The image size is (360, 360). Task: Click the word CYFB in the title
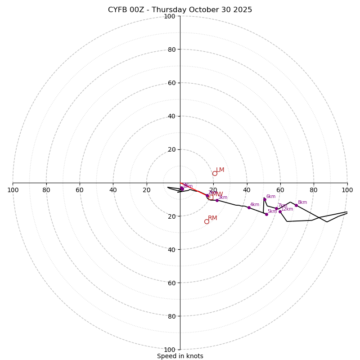[117, 10]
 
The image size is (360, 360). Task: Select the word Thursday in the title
[167, 10]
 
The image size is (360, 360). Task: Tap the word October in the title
[202, 10]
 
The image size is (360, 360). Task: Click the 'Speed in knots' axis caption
[180, 356]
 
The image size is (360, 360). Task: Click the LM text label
[220, 170]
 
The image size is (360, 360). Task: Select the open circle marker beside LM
[215, 173]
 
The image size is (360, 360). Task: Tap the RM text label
[212, 218]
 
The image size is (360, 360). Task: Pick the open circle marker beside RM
[207, 221]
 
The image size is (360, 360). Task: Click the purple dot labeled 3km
[217, 200]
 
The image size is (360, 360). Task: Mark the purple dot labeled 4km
[249, 207]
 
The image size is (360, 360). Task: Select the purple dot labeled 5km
[266, 214]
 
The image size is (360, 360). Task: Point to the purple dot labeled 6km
[265, 199]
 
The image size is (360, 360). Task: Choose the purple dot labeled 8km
[296, 205]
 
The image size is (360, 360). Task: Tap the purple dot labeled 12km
[280, 211]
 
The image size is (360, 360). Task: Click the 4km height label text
[255, 205]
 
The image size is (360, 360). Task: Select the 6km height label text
[270, 197]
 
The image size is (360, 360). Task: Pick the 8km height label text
[302, 202]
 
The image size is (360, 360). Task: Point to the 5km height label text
[272, 211]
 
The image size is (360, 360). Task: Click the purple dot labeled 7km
[276, 208]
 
